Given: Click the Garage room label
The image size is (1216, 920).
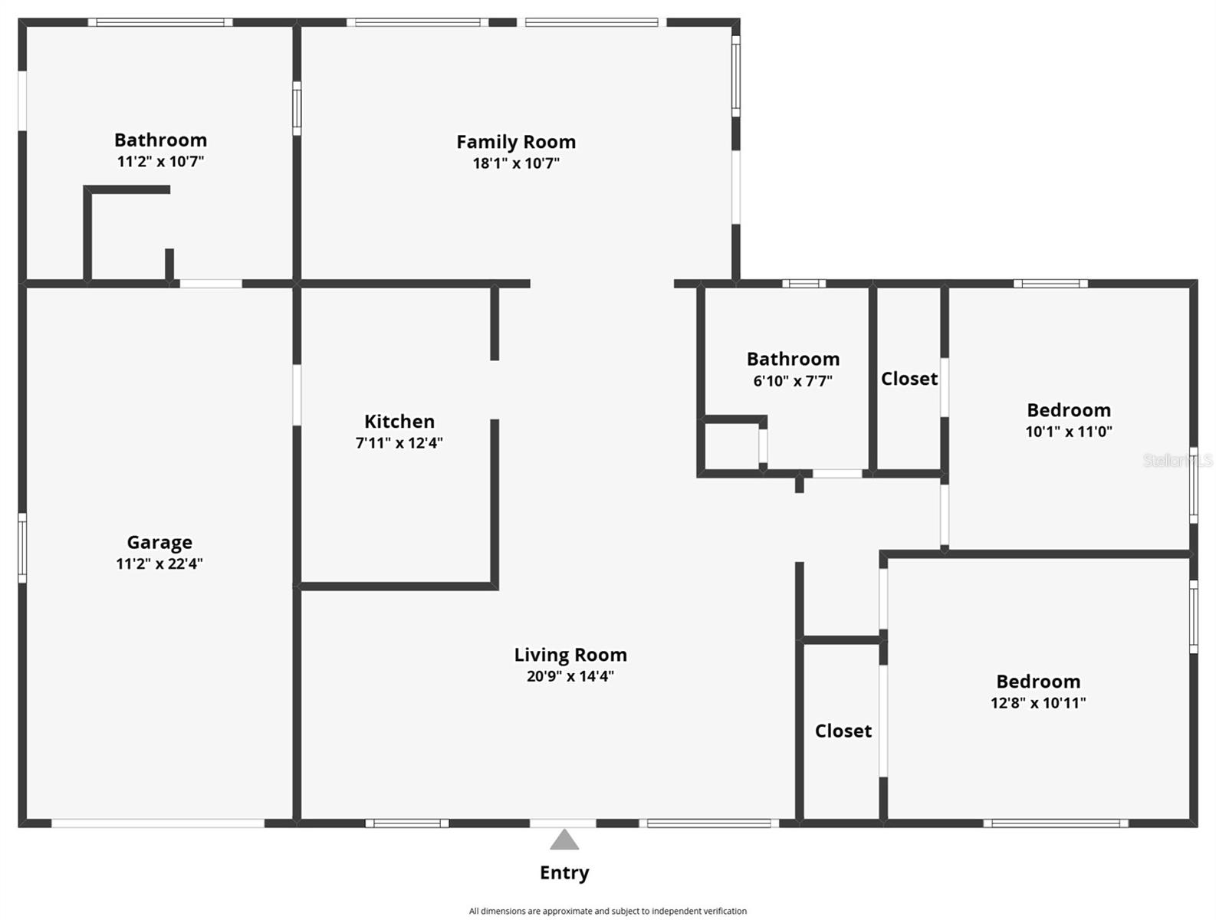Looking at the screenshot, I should point(159,542).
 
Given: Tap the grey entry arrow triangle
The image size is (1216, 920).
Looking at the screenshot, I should point(564,840).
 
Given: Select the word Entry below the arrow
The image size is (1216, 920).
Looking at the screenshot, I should point(564,872).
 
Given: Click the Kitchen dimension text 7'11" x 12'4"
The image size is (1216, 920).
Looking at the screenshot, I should point(399,442).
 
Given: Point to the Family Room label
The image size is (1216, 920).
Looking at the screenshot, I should point(515,142).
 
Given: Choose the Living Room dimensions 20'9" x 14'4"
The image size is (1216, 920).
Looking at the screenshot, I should point(570,676).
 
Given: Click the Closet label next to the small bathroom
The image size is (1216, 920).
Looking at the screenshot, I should point(909,379).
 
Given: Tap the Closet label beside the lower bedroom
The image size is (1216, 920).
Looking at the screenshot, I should point(843,731).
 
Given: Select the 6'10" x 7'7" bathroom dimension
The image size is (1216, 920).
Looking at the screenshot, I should point(793,380).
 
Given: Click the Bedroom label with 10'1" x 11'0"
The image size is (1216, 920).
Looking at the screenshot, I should point(1068,410).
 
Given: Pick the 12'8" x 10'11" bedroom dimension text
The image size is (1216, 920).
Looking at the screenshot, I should point(1037,702).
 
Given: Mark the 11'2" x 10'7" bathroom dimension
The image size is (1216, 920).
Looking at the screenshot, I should point(160,161).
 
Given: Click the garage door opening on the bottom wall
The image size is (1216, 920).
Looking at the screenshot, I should point(158,823).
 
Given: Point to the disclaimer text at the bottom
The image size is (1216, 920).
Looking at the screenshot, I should point(607,911).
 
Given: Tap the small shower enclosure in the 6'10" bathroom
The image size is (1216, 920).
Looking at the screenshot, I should point(732,445).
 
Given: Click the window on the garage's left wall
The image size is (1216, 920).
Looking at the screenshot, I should point(22,548).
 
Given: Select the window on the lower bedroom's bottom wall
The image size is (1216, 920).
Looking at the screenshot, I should point(1056,823).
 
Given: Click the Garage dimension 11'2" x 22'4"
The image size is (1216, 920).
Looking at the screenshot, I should point(159,563).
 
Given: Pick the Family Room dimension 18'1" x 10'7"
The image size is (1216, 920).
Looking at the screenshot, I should point(515,163).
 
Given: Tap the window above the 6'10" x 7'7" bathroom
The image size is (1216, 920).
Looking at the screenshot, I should point(804,284).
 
